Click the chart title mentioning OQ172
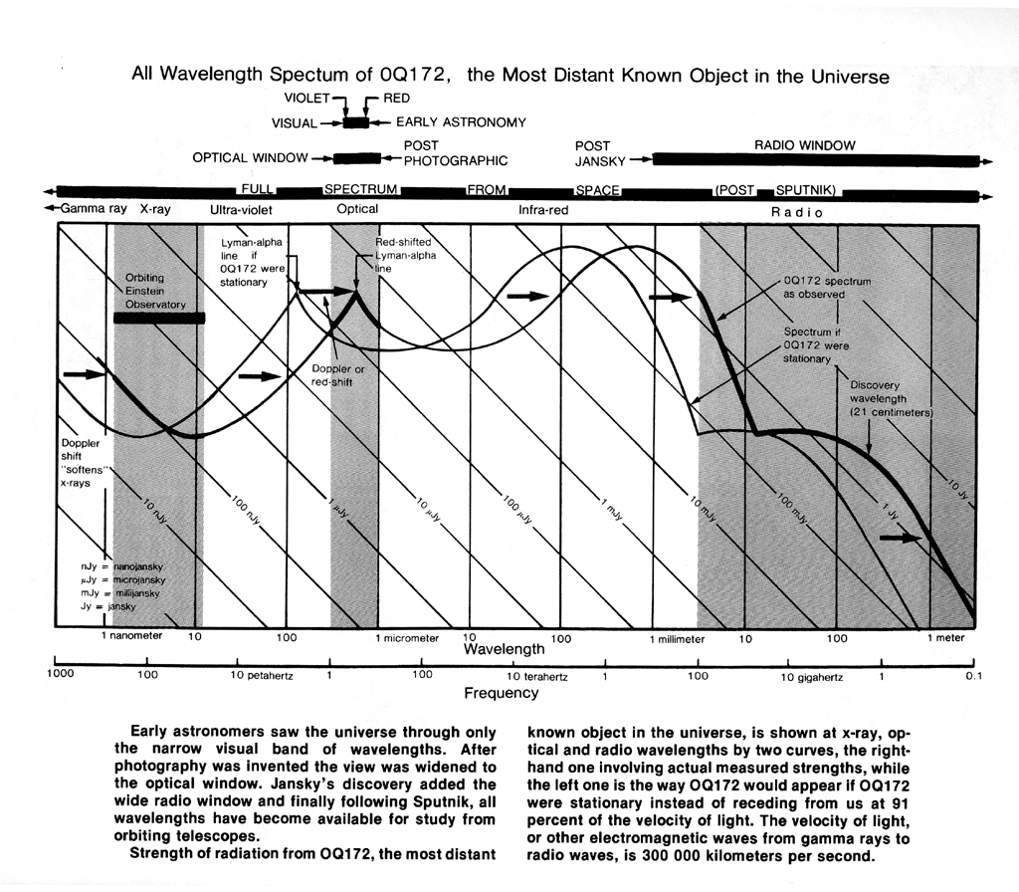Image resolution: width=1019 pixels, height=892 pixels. coord(510,76)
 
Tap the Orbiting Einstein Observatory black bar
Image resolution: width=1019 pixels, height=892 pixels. coord(159,318)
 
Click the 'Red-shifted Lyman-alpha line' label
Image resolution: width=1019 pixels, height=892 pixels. coord(405,256)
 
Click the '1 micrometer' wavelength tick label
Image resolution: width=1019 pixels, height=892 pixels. coord(406,639)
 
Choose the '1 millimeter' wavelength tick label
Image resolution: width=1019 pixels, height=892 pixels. coord(677,639)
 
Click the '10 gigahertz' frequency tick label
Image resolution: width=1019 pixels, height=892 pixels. coord(812,677)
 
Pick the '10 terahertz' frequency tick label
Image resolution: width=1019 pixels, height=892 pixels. coord(532,677)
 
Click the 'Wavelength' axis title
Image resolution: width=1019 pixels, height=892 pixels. coord(505,649)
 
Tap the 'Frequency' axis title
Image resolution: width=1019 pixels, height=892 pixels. coord(501,693)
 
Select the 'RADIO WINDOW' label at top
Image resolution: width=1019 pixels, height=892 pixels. coord(805,145)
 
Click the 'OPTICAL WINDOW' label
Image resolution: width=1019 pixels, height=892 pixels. coord(250,158)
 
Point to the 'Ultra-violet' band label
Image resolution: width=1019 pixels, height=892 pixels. coord(241,210)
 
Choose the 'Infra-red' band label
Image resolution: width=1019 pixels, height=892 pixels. coord(543,210)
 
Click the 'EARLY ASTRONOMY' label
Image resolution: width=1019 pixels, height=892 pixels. coord(461,122)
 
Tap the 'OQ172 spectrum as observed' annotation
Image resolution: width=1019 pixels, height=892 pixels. coord(828,288)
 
